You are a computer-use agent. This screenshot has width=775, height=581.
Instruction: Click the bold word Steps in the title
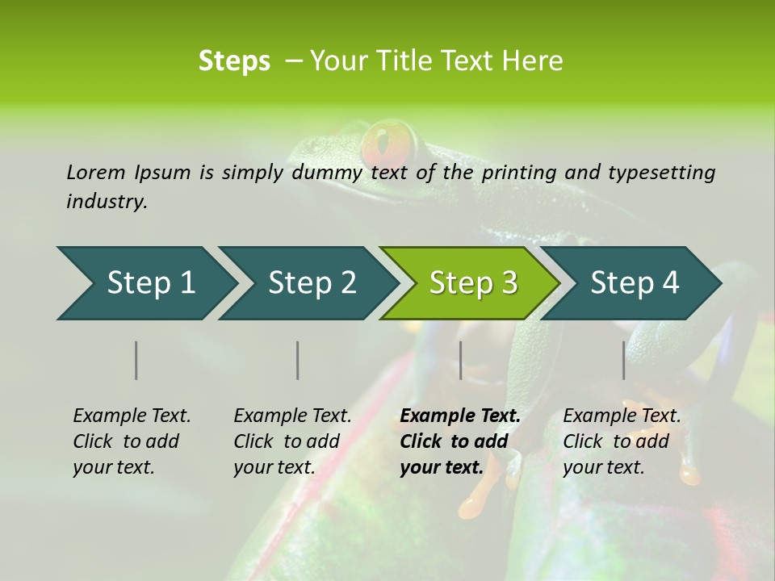pos(234,61)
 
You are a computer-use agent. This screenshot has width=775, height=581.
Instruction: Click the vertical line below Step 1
pos(136,360)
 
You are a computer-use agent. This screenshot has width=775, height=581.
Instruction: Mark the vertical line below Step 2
pos(298,360)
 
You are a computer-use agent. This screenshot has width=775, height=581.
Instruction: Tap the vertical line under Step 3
pos(460,360)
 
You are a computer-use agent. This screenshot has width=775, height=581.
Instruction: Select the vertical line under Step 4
pos(624,360)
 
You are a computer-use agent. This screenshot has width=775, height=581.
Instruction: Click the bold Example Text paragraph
pos(460,441)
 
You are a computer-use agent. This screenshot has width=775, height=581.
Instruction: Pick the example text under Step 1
pos(132,441)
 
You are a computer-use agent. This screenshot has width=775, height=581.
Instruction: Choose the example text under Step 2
pos(292,441)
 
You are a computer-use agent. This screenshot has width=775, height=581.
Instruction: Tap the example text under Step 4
pos(622,441)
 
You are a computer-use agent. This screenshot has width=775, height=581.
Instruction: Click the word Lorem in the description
pos(95,173)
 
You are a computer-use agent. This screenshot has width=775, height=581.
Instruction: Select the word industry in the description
pos(106,202)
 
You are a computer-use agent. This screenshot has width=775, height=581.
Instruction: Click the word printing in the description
pos(519,173)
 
